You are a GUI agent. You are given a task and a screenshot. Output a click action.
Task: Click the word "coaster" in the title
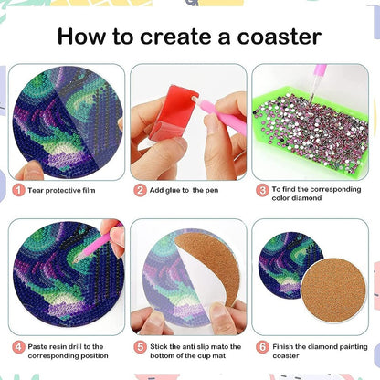279,37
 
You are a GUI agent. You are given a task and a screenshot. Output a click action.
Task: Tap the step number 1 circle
18,190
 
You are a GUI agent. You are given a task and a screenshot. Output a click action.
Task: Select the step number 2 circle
140,190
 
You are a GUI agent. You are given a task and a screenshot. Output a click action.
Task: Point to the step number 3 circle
262,190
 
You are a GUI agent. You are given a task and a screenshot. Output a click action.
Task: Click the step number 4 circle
18,347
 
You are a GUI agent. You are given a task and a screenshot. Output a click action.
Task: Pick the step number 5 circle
140,347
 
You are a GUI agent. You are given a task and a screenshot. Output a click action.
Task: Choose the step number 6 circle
262,347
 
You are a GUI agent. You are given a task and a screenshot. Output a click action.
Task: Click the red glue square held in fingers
173,111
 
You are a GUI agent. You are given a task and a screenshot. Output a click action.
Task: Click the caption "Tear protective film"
61,191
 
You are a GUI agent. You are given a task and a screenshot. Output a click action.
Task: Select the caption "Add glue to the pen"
184,191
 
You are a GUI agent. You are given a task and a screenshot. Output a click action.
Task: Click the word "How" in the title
81,37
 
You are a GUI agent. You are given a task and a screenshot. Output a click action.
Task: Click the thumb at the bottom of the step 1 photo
30,171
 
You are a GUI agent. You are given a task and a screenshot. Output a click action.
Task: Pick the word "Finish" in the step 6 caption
282,347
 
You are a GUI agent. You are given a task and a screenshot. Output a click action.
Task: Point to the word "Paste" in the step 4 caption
37,347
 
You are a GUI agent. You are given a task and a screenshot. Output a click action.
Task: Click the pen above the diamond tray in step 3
317,81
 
